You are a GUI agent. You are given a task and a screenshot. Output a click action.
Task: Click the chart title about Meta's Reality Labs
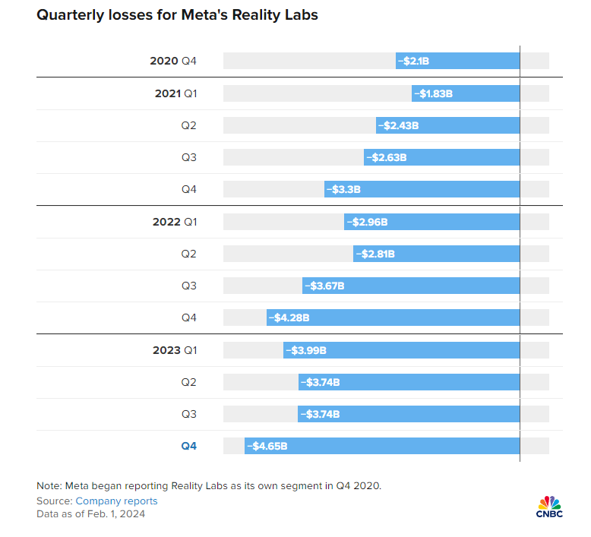[177, 16]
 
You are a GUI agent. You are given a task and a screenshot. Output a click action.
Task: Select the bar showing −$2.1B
[457, 61]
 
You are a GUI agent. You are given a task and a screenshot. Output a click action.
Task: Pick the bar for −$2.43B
[447, 125]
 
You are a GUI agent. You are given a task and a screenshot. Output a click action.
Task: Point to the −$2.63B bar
[441, 157]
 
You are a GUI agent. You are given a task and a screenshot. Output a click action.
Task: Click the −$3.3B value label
[343, 190]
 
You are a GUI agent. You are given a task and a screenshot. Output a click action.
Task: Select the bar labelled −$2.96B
[431, 222]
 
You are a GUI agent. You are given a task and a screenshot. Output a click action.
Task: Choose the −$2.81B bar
[436, 254]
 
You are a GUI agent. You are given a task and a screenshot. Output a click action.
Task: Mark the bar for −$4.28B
[393, 318]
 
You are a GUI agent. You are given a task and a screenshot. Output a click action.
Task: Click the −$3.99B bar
[401, 350]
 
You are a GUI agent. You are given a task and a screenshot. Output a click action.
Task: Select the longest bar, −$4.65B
[382, 446]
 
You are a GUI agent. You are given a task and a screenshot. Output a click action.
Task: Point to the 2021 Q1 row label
[175, 93]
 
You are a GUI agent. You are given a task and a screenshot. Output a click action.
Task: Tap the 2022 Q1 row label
[175, 222]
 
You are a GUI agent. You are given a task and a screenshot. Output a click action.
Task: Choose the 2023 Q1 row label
[175, 350]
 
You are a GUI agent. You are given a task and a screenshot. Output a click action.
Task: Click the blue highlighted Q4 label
[188, 446]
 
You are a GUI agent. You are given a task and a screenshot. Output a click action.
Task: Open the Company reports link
[116, 501]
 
